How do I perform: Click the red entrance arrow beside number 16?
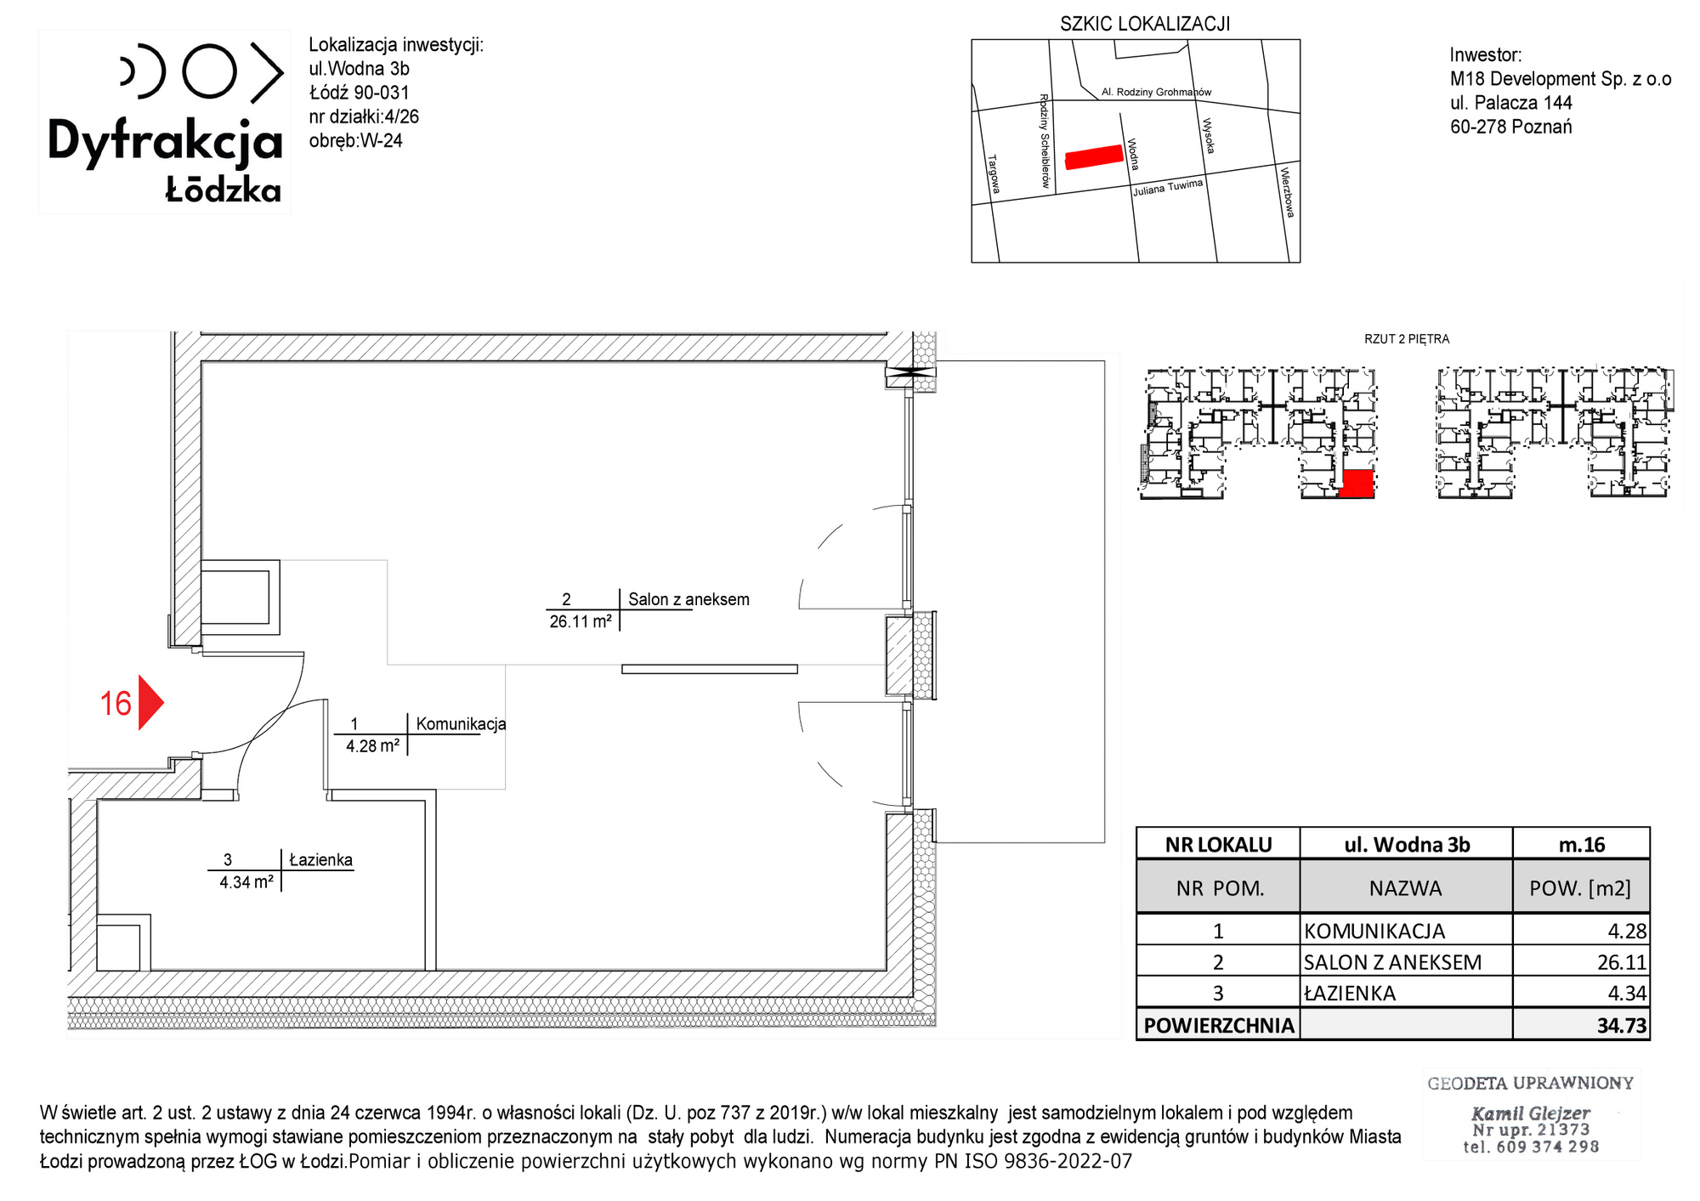pos(150,703)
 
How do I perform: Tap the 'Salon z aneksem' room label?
pos(688,599)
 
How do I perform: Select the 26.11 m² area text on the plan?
pos(581,621)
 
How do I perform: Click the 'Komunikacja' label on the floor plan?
pos(461,724)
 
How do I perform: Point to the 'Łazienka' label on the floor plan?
pos(320,859)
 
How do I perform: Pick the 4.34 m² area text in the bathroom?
pos(246,882)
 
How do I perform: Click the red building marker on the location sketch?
pos(1094,157)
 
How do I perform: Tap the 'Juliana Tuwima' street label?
pos(1168,188)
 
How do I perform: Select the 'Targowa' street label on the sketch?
pos(994,174)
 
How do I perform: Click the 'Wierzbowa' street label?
pos(1288,193)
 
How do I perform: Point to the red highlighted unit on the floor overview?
pos(1357,483)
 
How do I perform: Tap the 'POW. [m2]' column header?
pos(1580,888)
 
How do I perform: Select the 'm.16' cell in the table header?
pos(1582,844)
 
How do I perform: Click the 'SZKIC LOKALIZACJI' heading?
pos(1145,24)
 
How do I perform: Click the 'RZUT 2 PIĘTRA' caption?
pos(1407,339)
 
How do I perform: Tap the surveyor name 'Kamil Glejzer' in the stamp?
pos(1530,1113)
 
